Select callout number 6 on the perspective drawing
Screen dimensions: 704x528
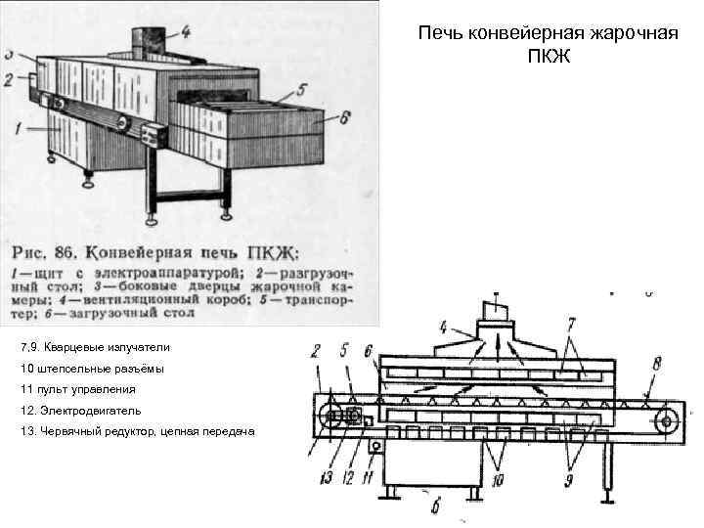tap(345, 114)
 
